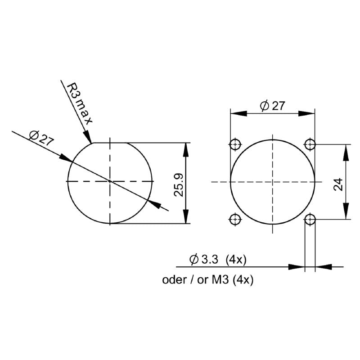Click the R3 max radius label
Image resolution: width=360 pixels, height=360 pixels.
79,103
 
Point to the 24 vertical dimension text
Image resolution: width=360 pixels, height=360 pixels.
338,184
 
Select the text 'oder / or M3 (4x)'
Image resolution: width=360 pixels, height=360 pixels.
208,280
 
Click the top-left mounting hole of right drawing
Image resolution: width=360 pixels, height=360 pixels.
234,144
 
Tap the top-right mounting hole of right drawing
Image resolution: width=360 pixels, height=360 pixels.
310,144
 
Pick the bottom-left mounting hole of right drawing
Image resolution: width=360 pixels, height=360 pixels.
234,219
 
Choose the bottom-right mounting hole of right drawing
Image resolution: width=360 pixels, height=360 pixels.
310,219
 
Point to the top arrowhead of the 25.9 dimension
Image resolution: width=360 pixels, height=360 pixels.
185,148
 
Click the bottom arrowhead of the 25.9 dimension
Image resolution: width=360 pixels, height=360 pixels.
185,218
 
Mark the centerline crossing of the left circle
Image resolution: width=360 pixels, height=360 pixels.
110,181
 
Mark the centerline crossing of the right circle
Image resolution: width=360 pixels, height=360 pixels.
272,182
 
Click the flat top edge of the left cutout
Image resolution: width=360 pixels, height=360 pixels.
110,143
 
